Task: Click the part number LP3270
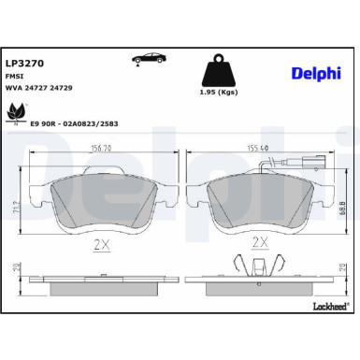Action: tap(23, 64)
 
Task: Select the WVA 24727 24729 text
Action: tap(38, 91)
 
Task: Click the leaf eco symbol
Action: tap(16, 114)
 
